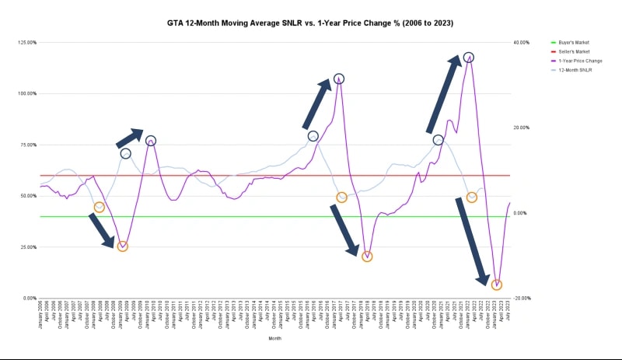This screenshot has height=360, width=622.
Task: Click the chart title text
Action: pyautogui.click(x=309, y=23)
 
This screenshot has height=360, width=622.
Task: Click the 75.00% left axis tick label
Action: pyautogui.click(x=28, y=145)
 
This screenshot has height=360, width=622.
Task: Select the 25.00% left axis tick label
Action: pyautogui.click(x=28, y=247)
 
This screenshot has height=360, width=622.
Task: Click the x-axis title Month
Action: pyautogui.click(x=275, y=339)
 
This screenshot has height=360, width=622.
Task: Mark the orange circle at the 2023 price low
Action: pyautogui.click(x=497, y=285)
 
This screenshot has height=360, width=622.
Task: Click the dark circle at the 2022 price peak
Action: pyautogui.click(x=469, y=58)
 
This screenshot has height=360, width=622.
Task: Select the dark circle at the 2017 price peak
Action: pyautogui.click(x=339, y=79)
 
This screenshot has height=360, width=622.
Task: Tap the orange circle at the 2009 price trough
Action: pyautogui.click(x=123, y=246)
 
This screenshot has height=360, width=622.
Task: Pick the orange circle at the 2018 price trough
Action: pyautogui.click(x=367, y=257)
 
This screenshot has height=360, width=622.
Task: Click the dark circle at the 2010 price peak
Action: pyautogui.click(x=151, y=141)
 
